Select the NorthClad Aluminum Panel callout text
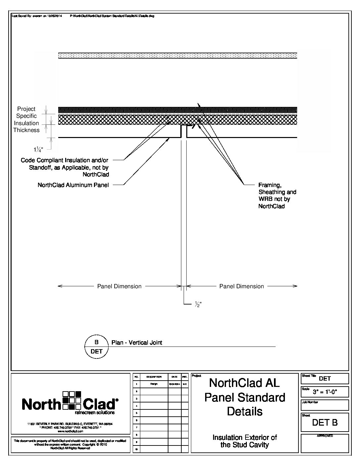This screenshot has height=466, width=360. click(x=73, y=185)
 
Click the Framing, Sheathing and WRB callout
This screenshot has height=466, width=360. click(x=277, y=196)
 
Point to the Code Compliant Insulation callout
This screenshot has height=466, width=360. click(x=65, y=167)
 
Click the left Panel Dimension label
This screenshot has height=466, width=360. click(x=119, y=286)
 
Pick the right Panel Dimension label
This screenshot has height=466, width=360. click(x=242, y=286)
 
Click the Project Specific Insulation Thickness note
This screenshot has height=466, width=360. click(x=26, y=119)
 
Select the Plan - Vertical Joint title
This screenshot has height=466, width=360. click(x=137, y=343)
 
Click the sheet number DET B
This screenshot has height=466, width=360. click(x=325, y=422)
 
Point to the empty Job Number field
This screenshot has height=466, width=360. click(x=325, y=406)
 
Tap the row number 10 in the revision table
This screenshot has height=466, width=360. click(x=136, y=449)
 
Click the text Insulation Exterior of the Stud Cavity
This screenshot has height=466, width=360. click(x=245, y=441)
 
